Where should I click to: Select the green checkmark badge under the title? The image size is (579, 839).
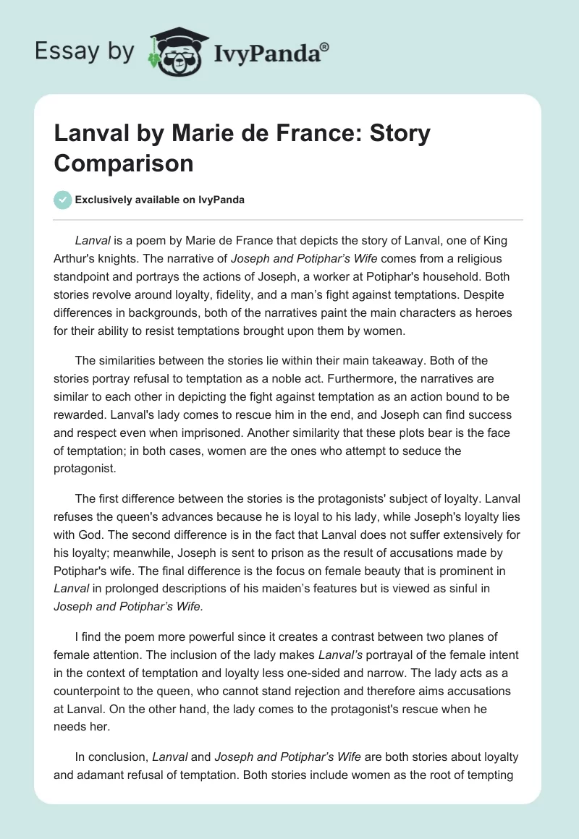pyautogui.click(x=63, y=200)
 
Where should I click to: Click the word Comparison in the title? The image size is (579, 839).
pyautogui.click(x=124, y=163)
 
